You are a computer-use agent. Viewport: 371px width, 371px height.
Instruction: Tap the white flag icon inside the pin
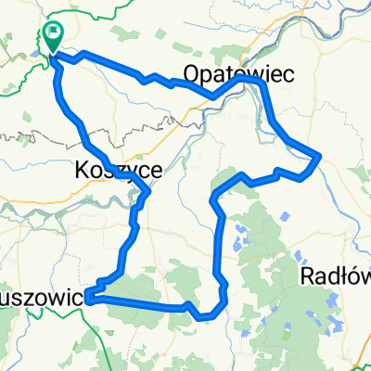click(53, 36)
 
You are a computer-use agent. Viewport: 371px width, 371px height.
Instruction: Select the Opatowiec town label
click(237, 73)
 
